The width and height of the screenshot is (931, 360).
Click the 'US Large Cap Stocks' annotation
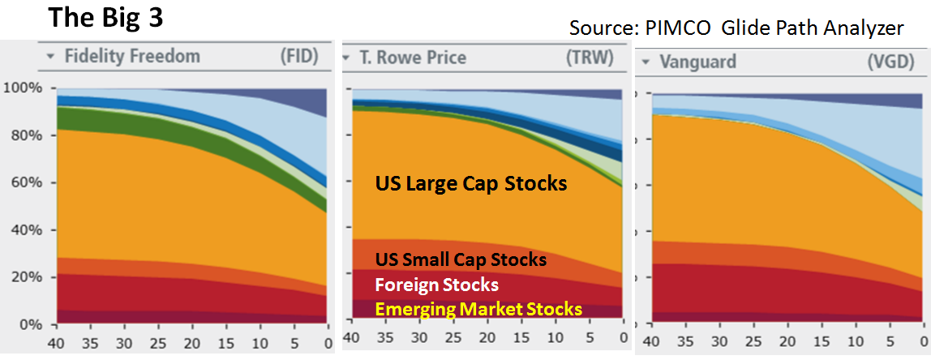470,184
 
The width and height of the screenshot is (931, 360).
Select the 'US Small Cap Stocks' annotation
460,260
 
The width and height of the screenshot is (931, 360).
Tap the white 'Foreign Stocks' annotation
435,285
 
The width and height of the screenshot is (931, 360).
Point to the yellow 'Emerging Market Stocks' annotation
478,309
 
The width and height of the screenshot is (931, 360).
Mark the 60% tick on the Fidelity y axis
26,182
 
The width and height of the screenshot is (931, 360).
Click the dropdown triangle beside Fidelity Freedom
50,58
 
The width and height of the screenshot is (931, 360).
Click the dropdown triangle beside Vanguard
646,62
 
